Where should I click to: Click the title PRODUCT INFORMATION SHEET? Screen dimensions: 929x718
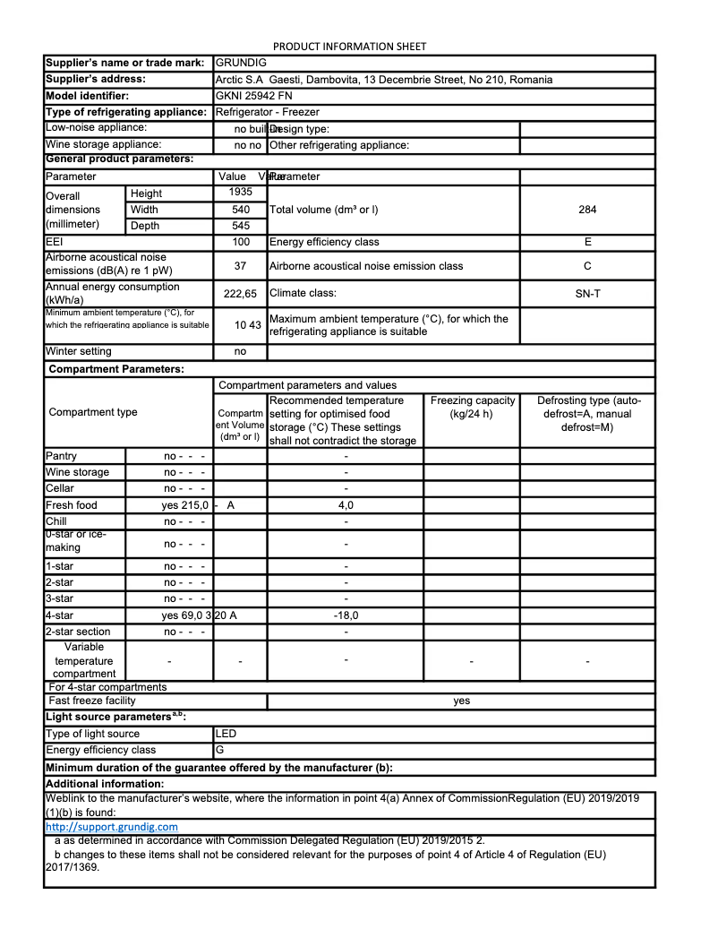click(349, 46)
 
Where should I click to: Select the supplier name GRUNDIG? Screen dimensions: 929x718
click(241, 63)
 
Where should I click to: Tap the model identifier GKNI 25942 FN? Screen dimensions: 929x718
click(254, 96)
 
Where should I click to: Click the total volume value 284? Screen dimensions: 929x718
click(587, 210)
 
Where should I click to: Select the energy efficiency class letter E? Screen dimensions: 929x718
click(587, 242)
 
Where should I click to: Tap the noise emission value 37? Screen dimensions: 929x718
click(241, 266)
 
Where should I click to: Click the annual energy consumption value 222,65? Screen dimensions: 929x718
click(241, 294)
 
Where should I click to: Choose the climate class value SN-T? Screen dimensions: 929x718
click(587, 293)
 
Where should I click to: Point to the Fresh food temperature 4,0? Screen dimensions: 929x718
click(346, 505)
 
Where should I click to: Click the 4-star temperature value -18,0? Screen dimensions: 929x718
click(346, 615)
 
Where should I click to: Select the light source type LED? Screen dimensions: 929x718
click(227, 734)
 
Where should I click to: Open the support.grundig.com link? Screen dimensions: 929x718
click(111, 827)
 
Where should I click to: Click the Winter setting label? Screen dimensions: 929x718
click(79, 352)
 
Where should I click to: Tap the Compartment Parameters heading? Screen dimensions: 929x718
click(116, 369)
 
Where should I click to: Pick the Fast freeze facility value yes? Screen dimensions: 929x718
click(461, 701)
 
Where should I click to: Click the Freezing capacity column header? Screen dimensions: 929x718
click(472, 407)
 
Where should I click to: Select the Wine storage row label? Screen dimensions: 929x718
click(78, 472)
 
